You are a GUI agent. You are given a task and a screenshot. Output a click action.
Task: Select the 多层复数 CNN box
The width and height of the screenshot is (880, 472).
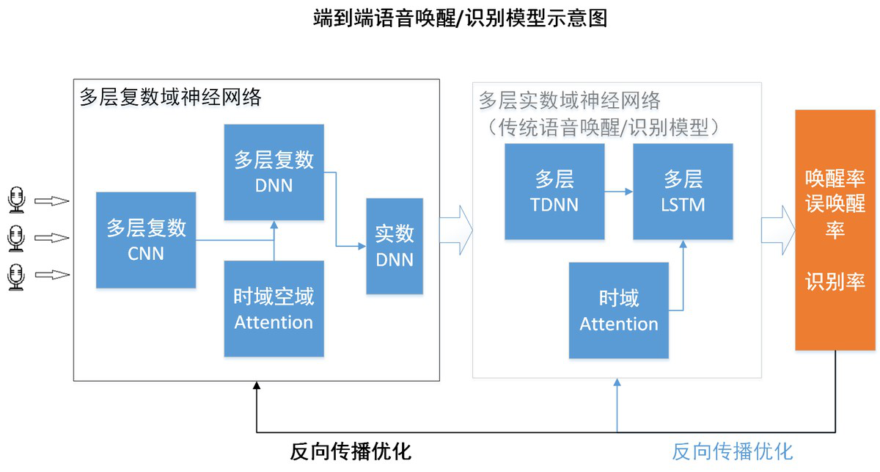(146, 240)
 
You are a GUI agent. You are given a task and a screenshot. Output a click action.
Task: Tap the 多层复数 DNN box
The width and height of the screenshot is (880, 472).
(274, 173)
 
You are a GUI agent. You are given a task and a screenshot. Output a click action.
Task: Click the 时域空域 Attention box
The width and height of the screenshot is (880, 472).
(274, 308)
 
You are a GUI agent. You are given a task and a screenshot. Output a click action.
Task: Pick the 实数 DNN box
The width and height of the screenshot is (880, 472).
(395, 246)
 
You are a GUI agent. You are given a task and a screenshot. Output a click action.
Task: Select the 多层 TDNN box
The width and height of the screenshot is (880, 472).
(554, 192)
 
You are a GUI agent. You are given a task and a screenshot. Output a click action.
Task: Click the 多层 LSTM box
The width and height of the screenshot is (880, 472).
(683, 192)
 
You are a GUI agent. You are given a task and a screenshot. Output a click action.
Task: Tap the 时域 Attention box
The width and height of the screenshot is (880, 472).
(618, 311)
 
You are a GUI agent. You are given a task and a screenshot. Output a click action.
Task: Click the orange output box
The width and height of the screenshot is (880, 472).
(835, 230)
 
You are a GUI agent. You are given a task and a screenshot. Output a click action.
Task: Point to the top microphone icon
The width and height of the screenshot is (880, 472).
(16, 200)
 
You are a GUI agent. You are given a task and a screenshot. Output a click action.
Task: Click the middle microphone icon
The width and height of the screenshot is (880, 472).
(16, 238)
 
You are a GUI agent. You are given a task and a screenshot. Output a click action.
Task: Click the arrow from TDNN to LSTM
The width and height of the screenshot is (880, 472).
(619, 192)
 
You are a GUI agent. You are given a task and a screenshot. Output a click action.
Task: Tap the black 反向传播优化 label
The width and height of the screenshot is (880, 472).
(351, 451)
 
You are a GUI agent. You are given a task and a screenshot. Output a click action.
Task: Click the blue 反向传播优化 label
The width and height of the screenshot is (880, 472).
(733, 451)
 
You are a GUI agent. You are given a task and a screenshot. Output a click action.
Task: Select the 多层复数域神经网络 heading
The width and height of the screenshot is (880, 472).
(170, 97)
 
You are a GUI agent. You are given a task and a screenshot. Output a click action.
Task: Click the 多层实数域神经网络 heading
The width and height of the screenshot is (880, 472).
(570, 101)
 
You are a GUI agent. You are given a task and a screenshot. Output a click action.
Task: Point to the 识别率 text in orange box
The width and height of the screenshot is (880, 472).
(835, 281)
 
